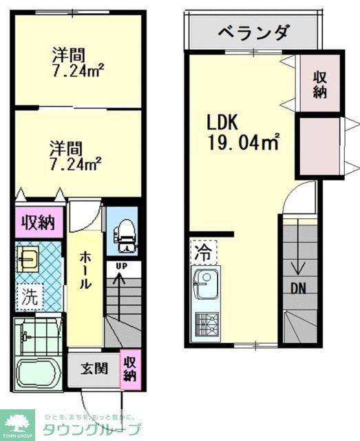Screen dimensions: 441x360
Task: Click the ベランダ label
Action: (x=253, y=32)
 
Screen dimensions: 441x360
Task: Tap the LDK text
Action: (x=222, y=123)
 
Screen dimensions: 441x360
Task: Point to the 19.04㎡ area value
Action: (x=244, y=143)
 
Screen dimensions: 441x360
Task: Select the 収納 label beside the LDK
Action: (x=319, y=83)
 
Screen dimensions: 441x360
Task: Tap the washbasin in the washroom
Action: (x=30, y=260)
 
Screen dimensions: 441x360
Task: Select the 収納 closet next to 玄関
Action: (x=129, y=367)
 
